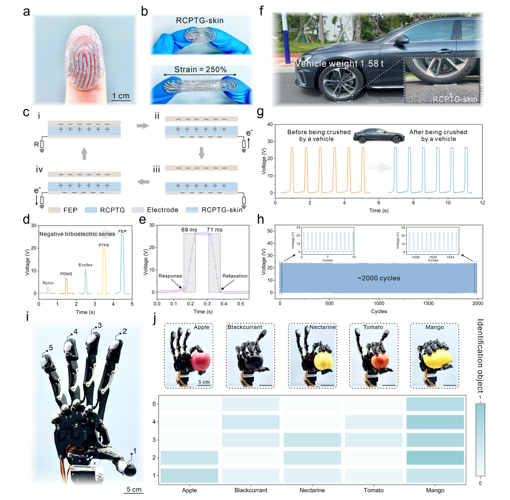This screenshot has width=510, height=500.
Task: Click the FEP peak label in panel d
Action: click(122, 231)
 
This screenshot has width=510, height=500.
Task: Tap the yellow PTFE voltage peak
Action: click(104, 265)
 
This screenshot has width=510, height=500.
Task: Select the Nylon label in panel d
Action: click(48, 283)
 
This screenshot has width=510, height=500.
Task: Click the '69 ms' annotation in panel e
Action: click(189, 230)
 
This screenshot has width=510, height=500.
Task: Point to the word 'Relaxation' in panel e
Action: click(235, 276)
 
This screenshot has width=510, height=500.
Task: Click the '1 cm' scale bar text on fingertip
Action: click(121, 96)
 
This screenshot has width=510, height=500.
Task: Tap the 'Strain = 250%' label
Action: click(200, 69)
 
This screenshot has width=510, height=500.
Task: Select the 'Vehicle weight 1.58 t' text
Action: click(339, 63)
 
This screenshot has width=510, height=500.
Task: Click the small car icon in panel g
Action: click(379, 136)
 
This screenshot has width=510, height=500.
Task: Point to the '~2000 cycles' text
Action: click(379, 278)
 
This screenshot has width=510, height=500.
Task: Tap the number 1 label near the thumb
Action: click(135, 451)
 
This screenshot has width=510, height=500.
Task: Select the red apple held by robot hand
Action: click(201, 361)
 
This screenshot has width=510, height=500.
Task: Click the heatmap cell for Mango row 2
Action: click(435, 457)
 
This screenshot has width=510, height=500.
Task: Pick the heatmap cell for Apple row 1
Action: click(189, 475)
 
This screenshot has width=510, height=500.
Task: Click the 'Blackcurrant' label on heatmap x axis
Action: click(251, 490)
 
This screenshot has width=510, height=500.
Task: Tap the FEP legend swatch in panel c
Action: click(54, 210)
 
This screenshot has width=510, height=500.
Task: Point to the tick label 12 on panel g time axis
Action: click(482, 203)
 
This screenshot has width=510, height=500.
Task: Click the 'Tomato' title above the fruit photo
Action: click(373, 327)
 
